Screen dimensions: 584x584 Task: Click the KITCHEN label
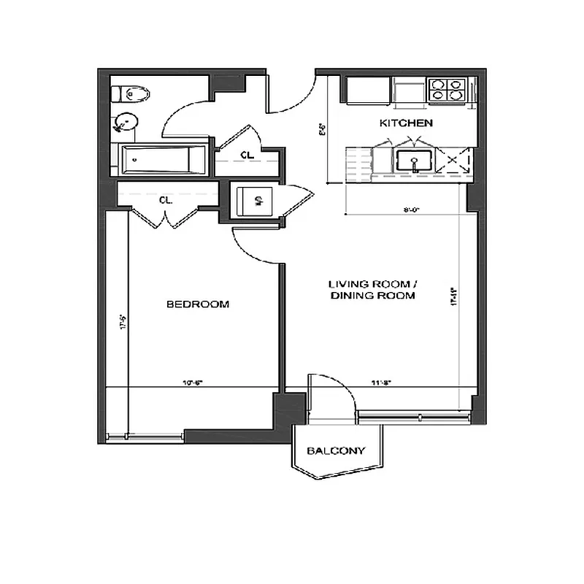tap(406, 123)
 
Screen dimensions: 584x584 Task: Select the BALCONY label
tap(335, 451)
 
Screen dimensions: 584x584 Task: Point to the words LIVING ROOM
tap(372, 284)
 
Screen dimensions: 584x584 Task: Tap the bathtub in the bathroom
tap(164, 159)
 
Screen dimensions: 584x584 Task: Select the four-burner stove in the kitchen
tap(446, 89)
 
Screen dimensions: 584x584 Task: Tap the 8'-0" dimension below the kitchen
tap(412, 210)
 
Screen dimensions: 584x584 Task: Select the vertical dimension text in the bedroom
tap(123, 321)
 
